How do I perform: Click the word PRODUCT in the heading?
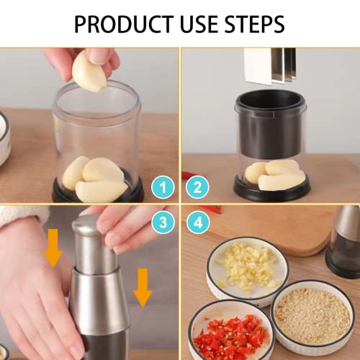coord(124,24)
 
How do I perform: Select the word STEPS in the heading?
coord(254,24)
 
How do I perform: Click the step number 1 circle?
coord(163,187)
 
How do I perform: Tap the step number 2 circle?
coord(197,187)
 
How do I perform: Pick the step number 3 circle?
coord(163,222)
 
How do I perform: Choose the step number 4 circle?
coord(198,222)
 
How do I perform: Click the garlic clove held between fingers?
coord(89,72)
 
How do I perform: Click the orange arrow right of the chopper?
coord(143,288)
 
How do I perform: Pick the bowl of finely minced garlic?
coord(312,317)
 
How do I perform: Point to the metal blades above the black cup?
coord(270,67)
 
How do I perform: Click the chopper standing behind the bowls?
coord(344,243)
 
